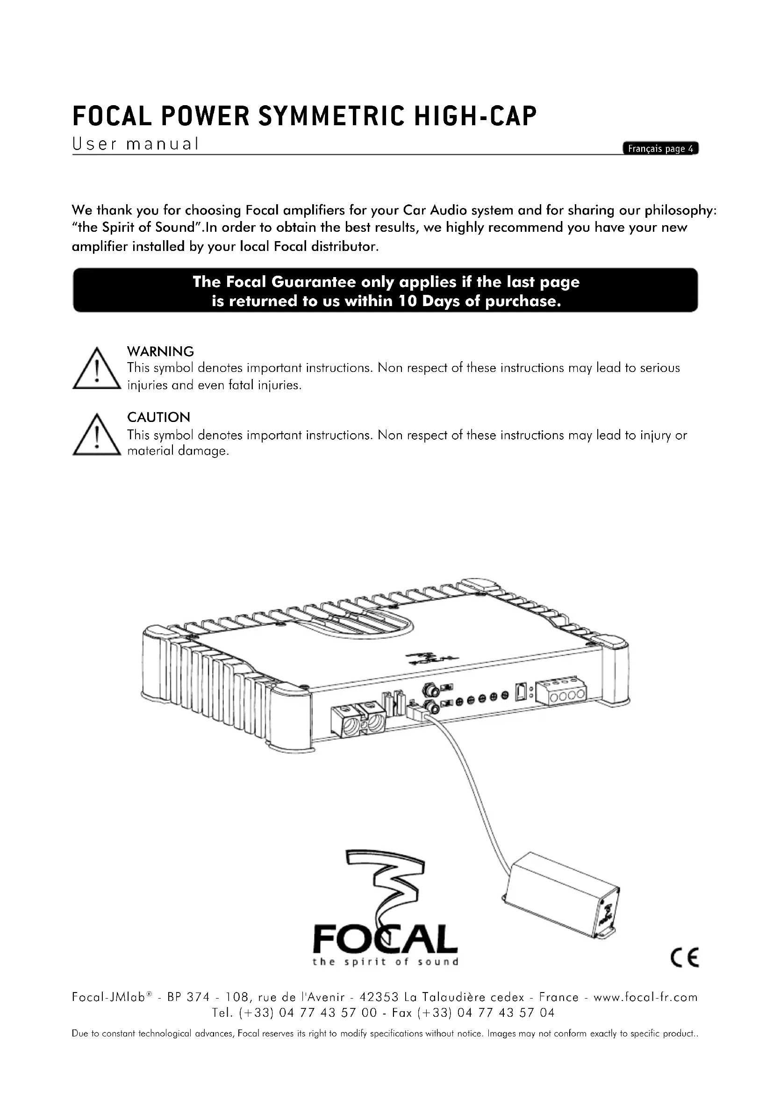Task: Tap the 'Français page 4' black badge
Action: (x=660, y=149)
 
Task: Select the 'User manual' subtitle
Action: (x=135, y=144)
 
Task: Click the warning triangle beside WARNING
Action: (x=97, y=369)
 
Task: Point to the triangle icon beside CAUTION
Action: (x=97, y=435)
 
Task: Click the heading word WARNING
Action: (x=160, y=351)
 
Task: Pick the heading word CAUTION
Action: (x=158, y=417)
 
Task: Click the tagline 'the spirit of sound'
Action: (x=386, y=962)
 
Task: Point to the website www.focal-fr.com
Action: (x=645, y=997)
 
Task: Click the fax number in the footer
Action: (x=506, y=1013)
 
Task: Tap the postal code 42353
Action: (x=379, y=997)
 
